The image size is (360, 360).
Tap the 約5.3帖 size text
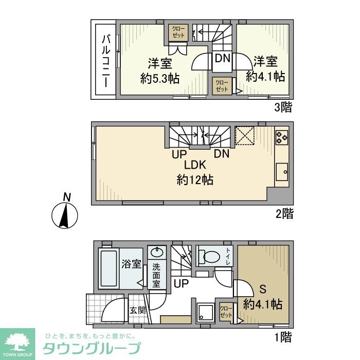[x=159, y=79]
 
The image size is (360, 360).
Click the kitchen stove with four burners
[x=282, y=137]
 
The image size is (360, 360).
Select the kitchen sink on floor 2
[x=282, y=171]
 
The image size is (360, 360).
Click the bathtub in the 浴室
[x=109, y=269]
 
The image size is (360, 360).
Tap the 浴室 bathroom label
[x=132, y=264]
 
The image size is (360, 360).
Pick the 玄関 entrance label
[x=137, y=310]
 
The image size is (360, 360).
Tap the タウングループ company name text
[x=91, y=348]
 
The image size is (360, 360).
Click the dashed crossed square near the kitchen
[x=245, y=136]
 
